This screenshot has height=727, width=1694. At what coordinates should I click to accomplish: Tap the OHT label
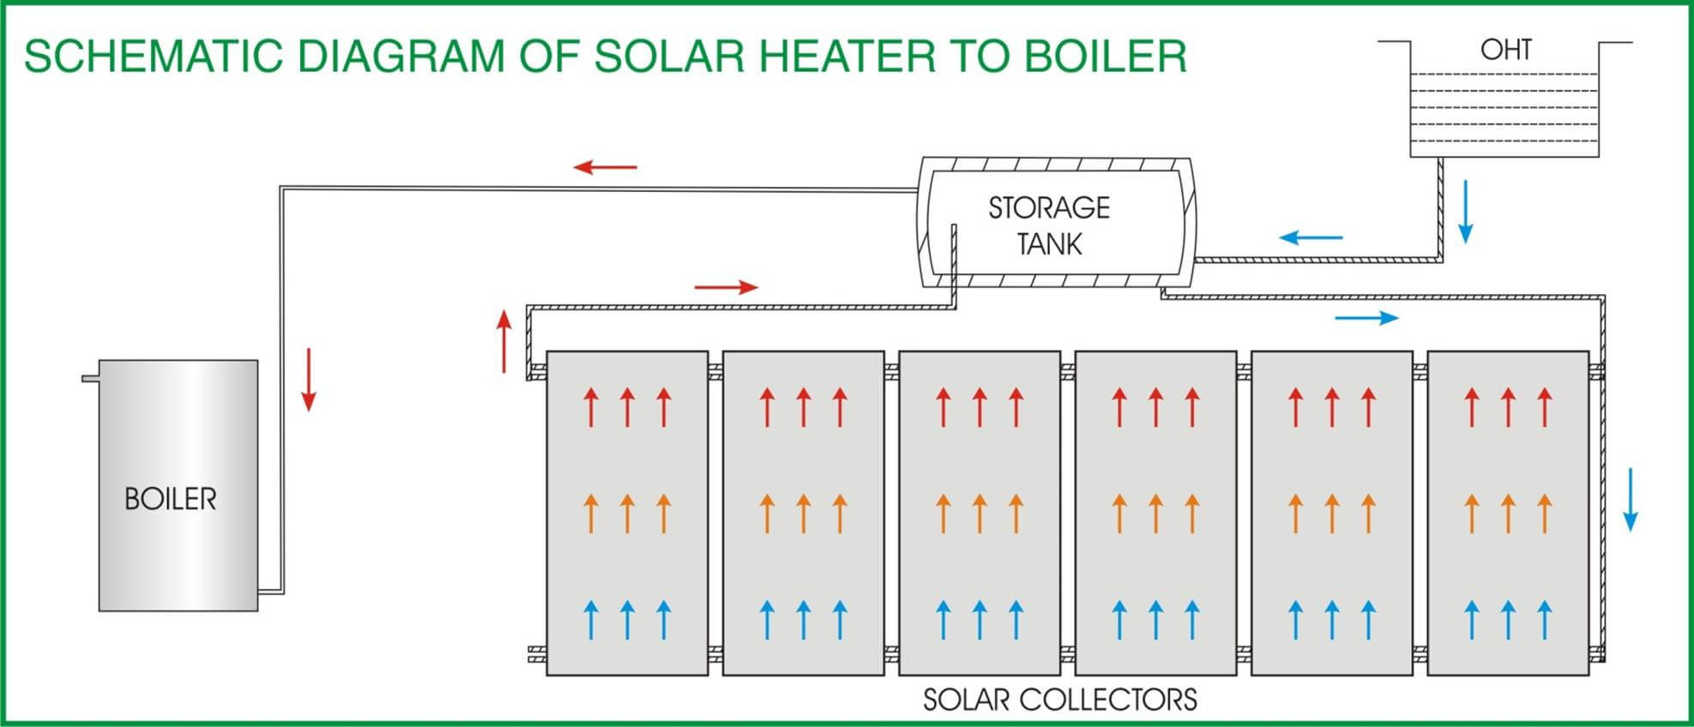tap(1505, 50)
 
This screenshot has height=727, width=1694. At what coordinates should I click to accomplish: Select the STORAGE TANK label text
tap(1049, 225)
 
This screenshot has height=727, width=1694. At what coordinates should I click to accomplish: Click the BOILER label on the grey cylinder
tap(171, 499)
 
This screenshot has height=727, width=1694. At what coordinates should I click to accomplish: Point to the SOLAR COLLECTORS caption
tap(1059, 700)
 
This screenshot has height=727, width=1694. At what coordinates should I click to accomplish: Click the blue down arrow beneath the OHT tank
tap(1466, 211)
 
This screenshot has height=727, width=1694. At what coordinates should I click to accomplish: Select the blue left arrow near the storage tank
tap(1311, 237)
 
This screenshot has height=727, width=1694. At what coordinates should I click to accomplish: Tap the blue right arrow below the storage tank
tap(1366, 318)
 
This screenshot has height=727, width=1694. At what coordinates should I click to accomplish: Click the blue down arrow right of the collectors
tap(1631, 499)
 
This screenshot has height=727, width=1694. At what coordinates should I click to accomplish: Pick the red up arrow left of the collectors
tap(504, 341)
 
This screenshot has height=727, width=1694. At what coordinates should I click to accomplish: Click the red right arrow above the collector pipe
tap(726, 287)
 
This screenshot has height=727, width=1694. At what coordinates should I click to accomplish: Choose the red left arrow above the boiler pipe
tap(606, 166)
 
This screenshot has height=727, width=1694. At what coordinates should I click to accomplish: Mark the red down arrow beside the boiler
tap(309, 380)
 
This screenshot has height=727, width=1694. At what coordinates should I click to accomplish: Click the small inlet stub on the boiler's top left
tap(90, 378)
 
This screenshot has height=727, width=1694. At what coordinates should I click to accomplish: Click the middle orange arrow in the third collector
tap(980, 514)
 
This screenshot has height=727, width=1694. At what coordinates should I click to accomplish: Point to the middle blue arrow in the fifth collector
tap(1332, 620)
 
